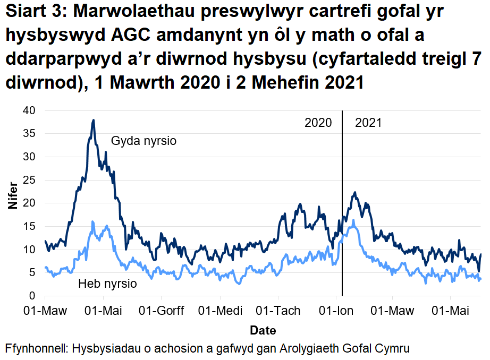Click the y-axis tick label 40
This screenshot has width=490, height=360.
tap(28, 110)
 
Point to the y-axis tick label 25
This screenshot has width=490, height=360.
tap(28, 180)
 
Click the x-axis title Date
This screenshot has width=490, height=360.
tap(263, 330)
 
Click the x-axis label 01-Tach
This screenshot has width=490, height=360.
tap(278, 311)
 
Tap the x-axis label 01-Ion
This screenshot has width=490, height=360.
tap(336, 311)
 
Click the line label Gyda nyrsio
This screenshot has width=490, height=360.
tap(143, 141)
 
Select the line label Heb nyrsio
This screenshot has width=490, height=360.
tap(107, 284)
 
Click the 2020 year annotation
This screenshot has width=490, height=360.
tap(318, 123)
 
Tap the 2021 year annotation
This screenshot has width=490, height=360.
tap(368, 123)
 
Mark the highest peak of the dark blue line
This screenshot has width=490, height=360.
tap(94, 121)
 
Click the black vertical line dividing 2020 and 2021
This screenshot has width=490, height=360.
tap(342, 212)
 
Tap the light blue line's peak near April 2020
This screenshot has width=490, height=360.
tap(92, 221)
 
